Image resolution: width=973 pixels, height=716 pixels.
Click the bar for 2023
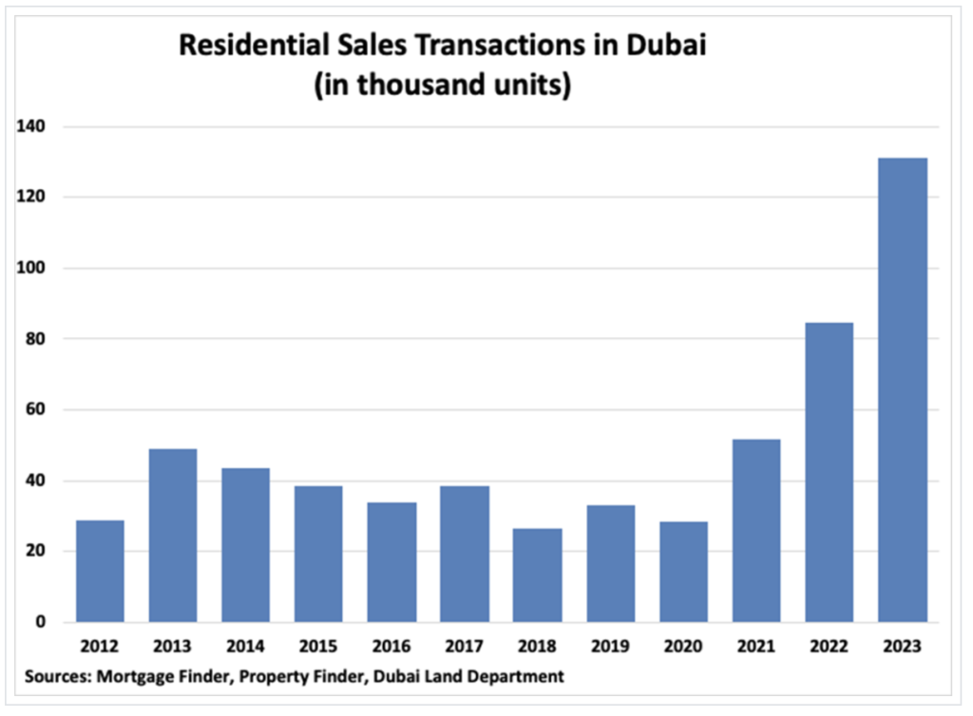[x=902, y=389]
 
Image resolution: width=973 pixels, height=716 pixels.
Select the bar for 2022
[x=830, y=472]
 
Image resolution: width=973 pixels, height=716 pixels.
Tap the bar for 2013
[x=173, y=536]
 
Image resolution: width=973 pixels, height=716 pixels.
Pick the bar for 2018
[x=537, y=575]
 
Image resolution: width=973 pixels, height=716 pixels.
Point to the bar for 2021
[x=756, y=530]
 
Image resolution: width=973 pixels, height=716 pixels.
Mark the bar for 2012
[x=100, y=571]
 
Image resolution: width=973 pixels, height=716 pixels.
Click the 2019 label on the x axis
[x=610, y=646]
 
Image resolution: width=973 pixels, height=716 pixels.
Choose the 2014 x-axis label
[x=245, y=646]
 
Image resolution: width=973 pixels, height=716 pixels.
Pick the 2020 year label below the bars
[x=683, y=646]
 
